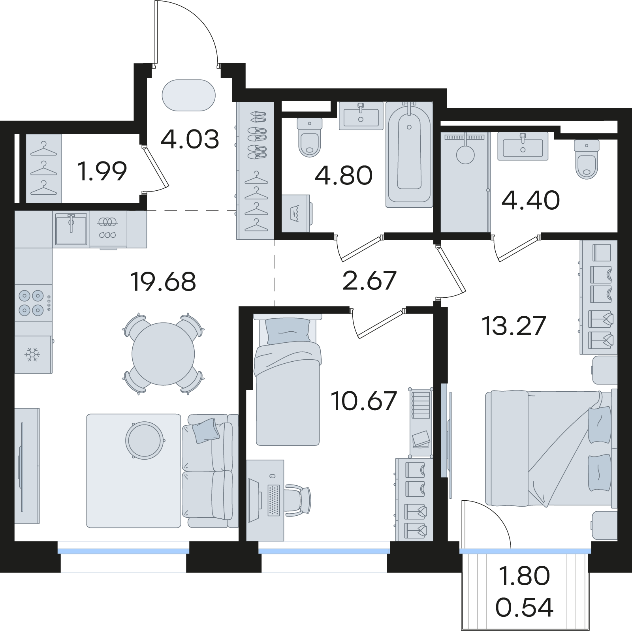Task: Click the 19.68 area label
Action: pos(163,282)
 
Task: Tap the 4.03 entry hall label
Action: pos(190,139)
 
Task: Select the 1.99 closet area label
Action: pos(103,171)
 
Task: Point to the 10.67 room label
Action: pos(364,401)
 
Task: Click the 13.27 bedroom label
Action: pos(514,326)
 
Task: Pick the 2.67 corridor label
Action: pos(369,280)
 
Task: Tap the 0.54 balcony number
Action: pos(524,607)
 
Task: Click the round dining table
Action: pos(163,354)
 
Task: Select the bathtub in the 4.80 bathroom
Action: pos(409,154)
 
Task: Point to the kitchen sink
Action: pos(71,229)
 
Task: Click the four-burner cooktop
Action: pos(34,303)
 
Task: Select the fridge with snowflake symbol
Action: pos(33,355)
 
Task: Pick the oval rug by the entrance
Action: pos(189,96)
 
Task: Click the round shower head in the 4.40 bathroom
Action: pos(465,154)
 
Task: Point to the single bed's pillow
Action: pos(288,331)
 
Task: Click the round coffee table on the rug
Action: pos(145,440)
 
